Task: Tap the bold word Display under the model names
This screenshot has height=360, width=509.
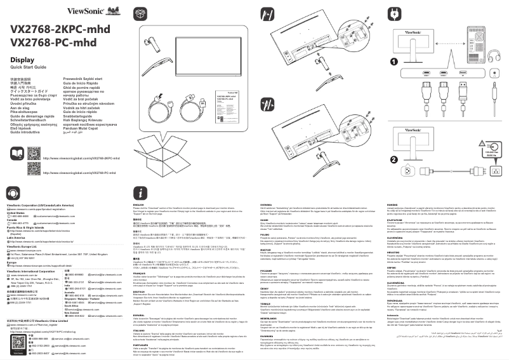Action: [22, 60]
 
